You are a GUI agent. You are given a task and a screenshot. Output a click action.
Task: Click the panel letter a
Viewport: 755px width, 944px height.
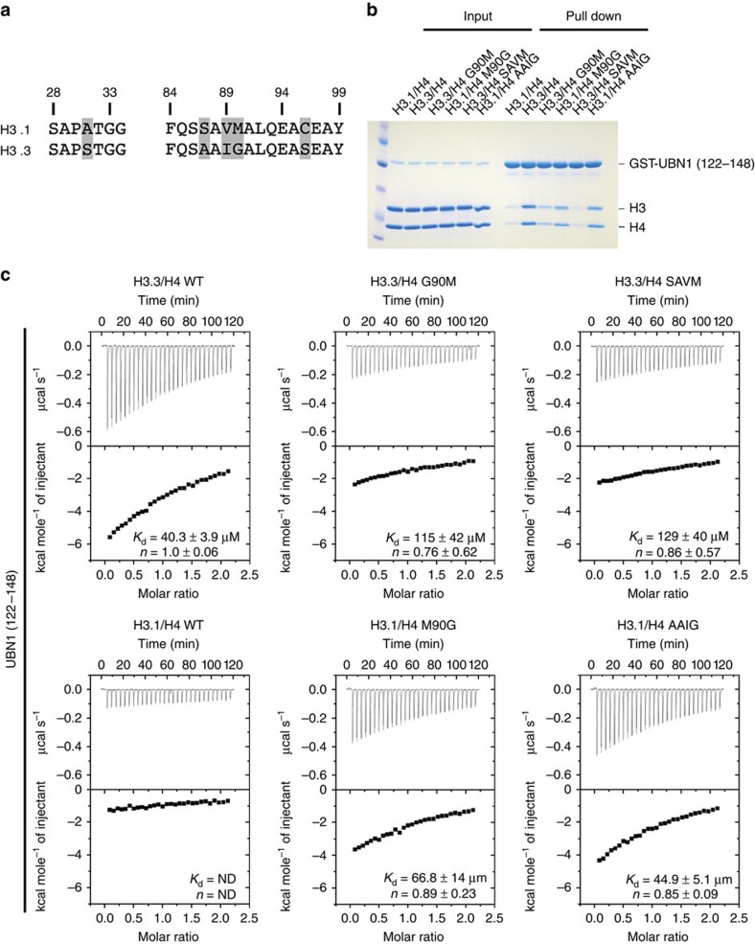coord(8,10)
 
